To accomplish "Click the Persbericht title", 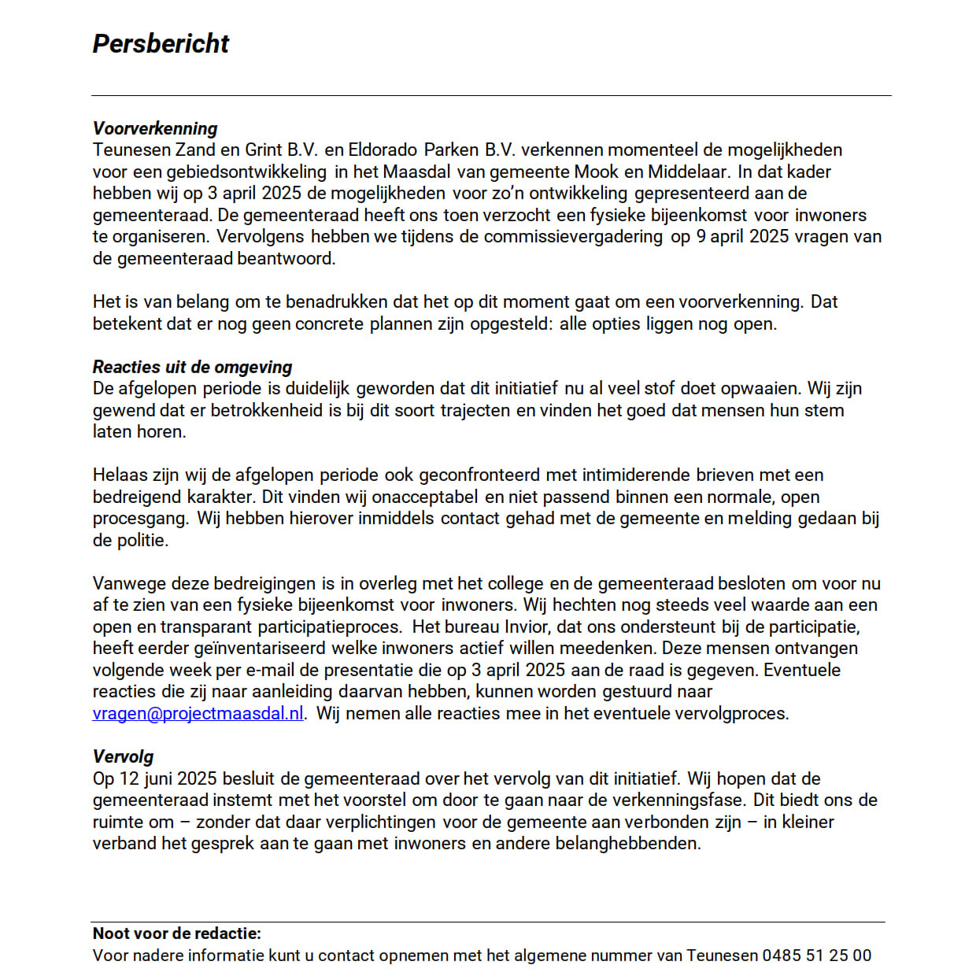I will (161, 44).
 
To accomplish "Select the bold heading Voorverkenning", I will (155, 128).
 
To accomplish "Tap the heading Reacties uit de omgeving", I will (192, 367).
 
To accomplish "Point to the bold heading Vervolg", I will (123, 756).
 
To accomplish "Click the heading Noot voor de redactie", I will (177, 933).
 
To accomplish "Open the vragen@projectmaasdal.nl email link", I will (198, 713).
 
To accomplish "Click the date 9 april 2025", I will (742, 236).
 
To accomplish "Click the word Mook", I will (597, 172).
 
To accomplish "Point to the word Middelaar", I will (687, 172).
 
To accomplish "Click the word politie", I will (142, 540).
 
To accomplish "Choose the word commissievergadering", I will (573, 236).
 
